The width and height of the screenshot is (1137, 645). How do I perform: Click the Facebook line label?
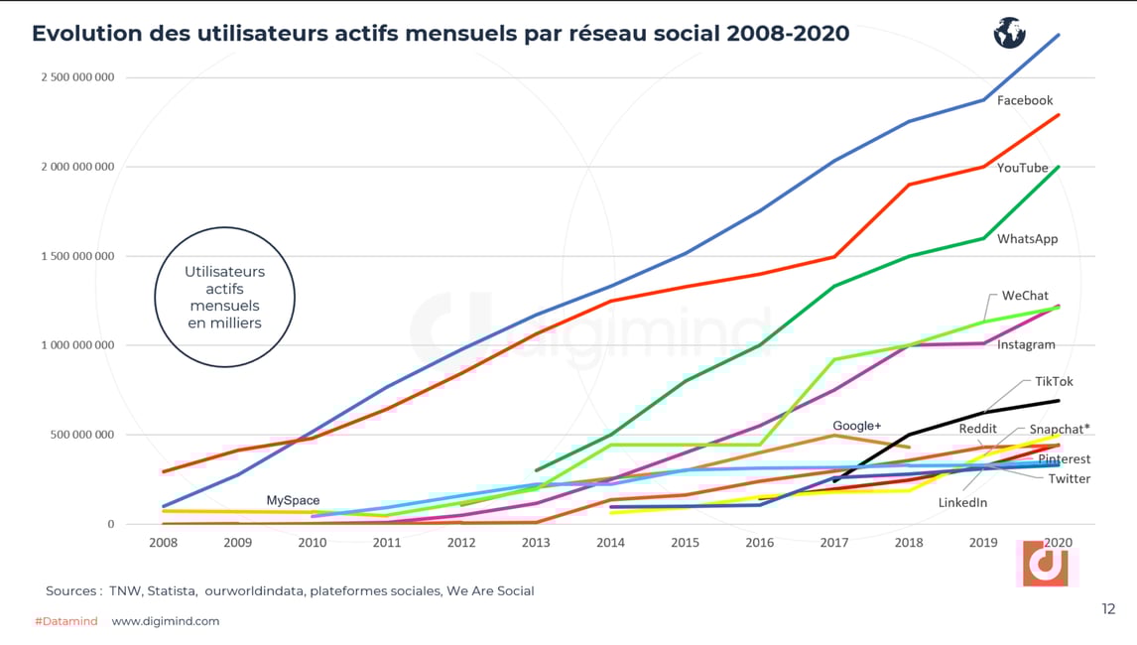point(1024,100)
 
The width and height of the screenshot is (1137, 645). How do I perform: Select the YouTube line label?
point(1022,168)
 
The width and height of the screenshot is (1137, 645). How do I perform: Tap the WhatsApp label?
point(1027,239)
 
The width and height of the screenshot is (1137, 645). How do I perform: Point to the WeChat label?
point(1025,296)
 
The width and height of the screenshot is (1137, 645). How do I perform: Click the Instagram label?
point(1026,344)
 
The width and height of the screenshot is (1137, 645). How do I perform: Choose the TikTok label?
point(1054,381)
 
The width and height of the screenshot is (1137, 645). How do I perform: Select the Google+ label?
point(856,426)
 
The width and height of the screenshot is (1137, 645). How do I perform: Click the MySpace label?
point(293,500)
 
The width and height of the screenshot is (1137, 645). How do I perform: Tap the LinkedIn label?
point(962,503)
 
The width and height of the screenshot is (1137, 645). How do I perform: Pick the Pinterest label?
point(1064,459)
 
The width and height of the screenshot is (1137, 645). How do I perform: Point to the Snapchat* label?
point(1059,429)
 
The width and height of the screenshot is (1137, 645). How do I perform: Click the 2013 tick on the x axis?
point(535,543)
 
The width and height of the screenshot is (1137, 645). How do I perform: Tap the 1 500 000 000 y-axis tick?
point(77,256)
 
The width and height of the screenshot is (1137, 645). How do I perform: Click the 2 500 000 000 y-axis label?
point(77,77)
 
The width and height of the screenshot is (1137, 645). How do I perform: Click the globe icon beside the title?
point(1009,33)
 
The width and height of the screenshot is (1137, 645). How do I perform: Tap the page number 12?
point(1108,609)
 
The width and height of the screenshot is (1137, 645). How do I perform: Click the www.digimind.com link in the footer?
point(165,621)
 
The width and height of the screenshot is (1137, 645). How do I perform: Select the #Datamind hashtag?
point(65,621)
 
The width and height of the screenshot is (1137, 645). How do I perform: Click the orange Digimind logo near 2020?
point(1045,565)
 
